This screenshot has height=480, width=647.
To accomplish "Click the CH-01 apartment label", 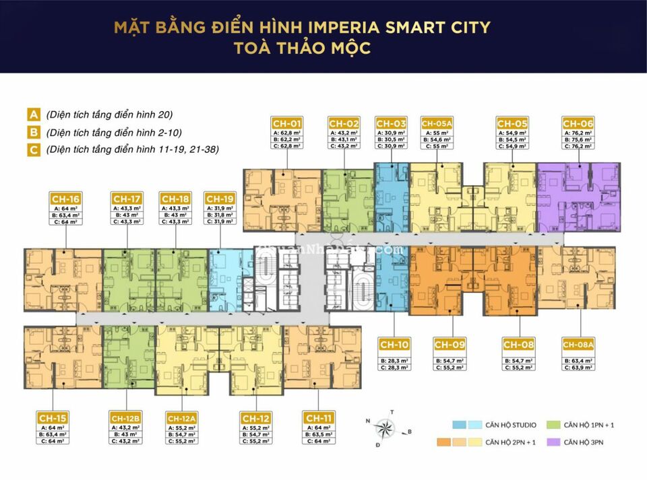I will tap(287, 124).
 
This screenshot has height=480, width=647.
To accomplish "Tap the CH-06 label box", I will tap(578, 124).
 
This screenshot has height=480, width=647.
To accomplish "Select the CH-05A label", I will tap(437, 124).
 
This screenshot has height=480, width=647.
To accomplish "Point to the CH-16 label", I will tap(65, 199).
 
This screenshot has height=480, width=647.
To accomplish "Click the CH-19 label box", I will tap(220, 199).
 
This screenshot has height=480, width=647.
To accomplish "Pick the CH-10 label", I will tap(394, 345).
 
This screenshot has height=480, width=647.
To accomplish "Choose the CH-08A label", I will tap(578, 345).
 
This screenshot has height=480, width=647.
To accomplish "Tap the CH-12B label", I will tap(125, 418).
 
